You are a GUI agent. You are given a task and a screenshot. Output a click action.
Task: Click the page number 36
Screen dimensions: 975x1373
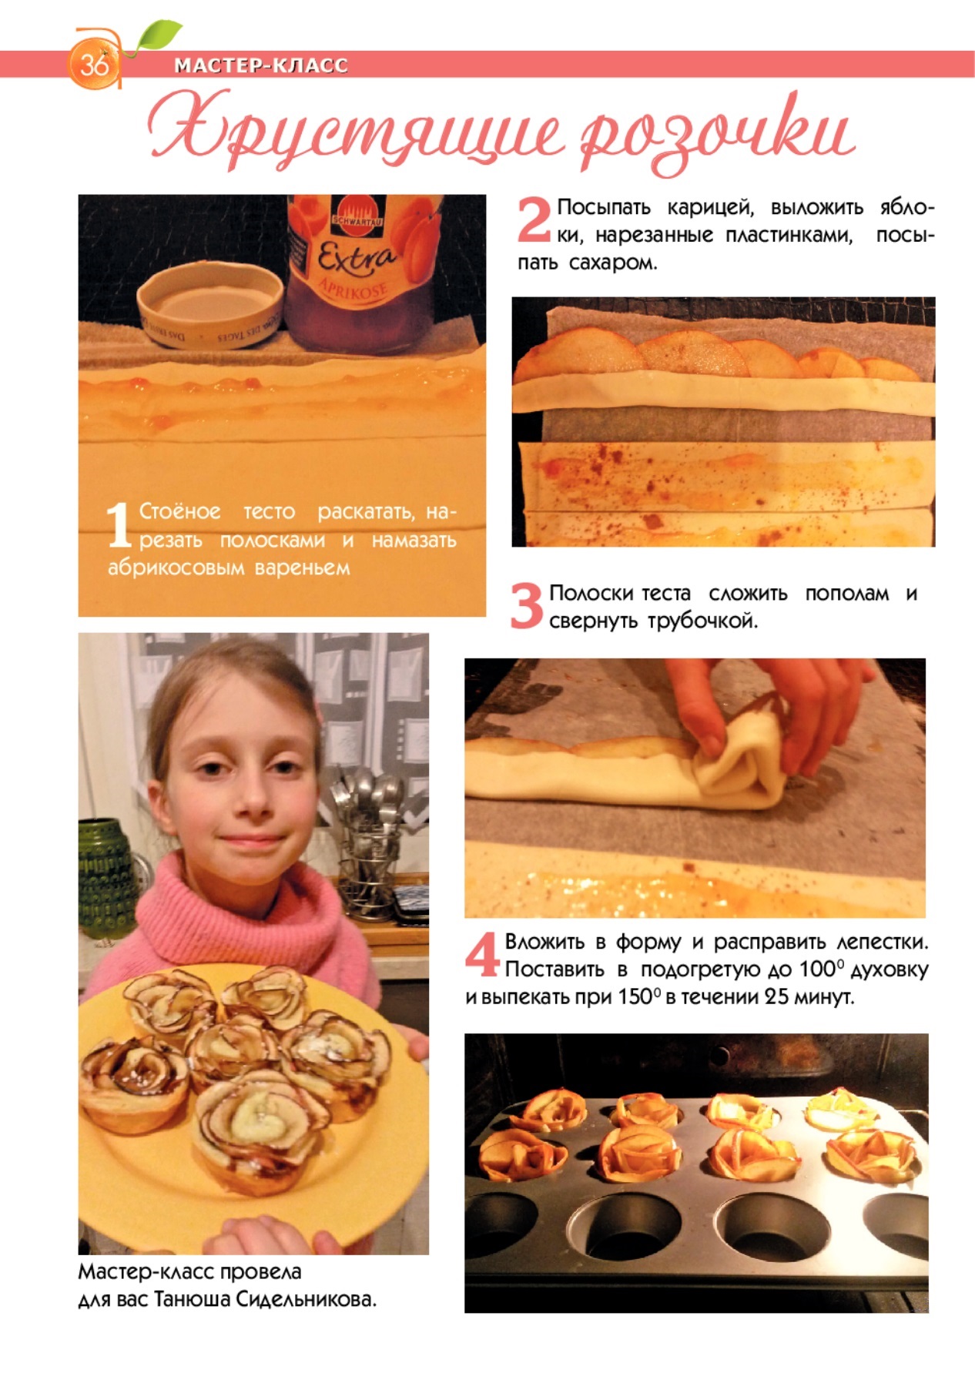pyautogui.click(x=94, y=63)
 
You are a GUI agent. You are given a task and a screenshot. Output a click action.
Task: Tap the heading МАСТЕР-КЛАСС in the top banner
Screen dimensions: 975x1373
pyautogui.click(x=261, y=65)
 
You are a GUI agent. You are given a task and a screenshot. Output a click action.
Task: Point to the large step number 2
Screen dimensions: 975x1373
pyautogui.click(x=534, y=219)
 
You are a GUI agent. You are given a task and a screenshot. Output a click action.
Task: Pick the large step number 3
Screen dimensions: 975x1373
pyautogui.click(x=527, y=605)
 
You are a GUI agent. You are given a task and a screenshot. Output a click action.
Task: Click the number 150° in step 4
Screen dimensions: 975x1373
pyautogui.click(x=639, y=996)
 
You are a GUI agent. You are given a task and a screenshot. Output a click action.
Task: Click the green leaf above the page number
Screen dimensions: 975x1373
pyautogui.click(x=158, y=35)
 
